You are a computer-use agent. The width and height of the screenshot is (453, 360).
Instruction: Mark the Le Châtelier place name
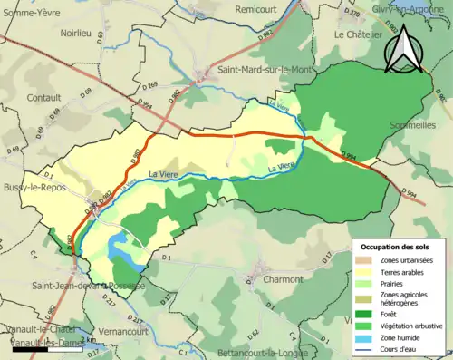pyautogui.click(x=359, y=34)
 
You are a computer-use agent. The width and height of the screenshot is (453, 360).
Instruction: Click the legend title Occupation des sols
pyautogui.click(x=396, y=247)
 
